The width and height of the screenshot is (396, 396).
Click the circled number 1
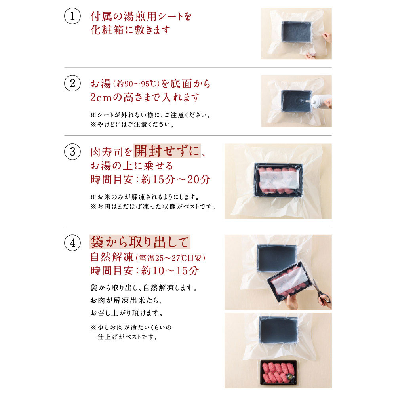[72, 16]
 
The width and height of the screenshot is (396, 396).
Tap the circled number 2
[72, 83]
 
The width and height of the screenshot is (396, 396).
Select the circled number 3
[72, 152]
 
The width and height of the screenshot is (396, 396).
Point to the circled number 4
[72, 243]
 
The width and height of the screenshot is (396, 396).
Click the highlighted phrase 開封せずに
[167, 151]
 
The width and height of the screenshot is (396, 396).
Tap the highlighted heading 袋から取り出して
[140, 242]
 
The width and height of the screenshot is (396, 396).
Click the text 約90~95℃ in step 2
[137, 84]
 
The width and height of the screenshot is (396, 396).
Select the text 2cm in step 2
[101, 97]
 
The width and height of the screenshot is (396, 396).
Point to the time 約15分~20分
[175, 179]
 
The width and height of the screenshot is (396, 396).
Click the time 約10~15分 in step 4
[170, 271]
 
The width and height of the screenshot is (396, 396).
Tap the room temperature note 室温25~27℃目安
[170, 258]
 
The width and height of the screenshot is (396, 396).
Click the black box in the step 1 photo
[296, 32]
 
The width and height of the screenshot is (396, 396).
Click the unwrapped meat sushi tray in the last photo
[278, 372]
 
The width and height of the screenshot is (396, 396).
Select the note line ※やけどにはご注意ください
[132, 124]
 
